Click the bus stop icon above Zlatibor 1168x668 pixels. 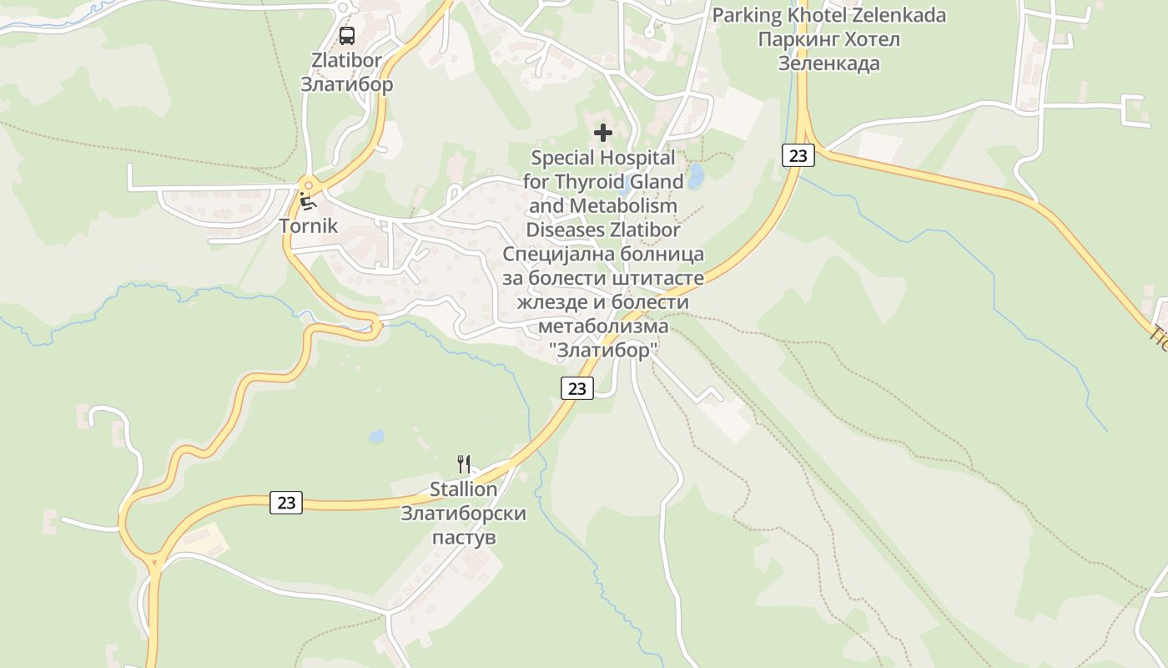click(346, 36)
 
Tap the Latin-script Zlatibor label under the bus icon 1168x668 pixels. click(346, 60)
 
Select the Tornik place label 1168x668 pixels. click(309, 225)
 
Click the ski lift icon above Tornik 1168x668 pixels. click(308, 200)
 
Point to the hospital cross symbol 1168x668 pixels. click(602, 133)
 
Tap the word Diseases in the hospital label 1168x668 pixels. click(565, 230)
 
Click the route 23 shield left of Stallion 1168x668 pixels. click(286, 502)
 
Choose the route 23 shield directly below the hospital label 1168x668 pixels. click(576, 387)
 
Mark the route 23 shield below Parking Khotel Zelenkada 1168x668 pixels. click(798, 154)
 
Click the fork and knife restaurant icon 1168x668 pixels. click(464, 464)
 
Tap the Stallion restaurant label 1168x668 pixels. click(463, 489)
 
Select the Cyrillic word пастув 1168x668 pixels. click(463, 537)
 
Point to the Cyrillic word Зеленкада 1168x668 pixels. click(828, 63)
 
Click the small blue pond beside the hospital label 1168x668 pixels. click(695, 175)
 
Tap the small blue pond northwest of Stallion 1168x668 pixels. click(376, 436)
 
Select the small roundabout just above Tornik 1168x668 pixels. click(309, 185)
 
